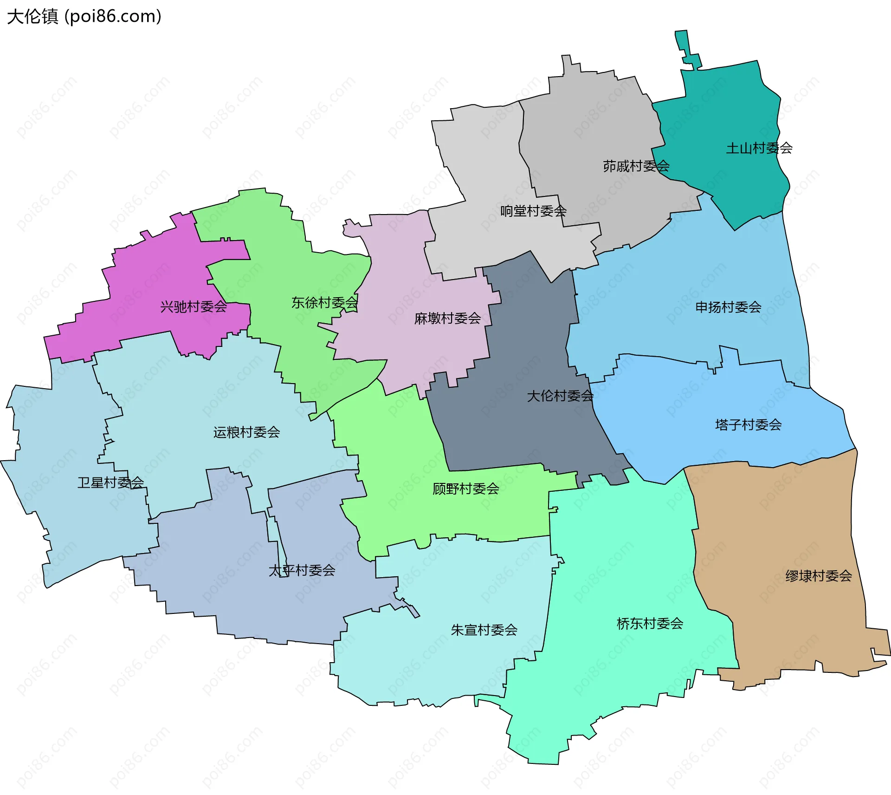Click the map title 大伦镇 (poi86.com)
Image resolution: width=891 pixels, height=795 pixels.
[x=84, y=16]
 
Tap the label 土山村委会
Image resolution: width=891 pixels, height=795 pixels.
[x=759, y=148]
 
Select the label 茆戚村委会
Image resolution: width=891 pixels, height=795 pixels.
[x=636, y=166]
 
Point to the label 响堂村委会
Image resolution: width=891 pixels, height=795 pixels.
[x=533, y=211]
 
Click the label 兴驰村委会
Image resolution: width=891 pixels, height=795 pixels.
[x=194, y=306]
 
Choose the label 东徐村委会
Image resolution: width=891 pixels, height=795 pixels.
[x=324, y=303]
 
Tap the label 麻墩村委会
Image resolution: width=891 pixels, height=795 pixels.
[x=447, y=318]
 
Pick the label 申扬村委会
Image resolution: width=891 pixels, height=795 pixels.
[x=728, y=307]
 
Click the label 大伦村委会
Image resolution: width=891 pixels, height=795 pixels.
[x=560, y=396]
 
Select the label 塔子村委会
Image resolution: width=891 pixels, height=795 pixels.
[x=748, y=424]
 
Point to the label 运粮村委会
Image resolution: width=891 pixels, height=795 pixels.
[x=246, y=432]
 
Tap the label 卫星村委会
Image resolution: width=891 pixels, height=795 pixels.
[x=110, y=482]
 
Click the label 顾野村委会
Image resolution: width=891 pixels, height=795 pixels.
[x=465, y=489]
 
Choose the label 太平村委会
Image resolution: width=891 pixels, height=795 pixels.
[x=302, y=570]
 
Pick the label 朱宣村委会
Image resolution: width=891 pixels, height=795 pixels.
[x=484, y=630]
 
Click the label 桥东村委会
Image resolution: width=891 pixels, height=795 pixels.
[x=650, y=623]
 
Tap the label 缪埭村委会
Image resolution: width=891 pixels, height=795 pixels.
[x=819, y=576]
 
